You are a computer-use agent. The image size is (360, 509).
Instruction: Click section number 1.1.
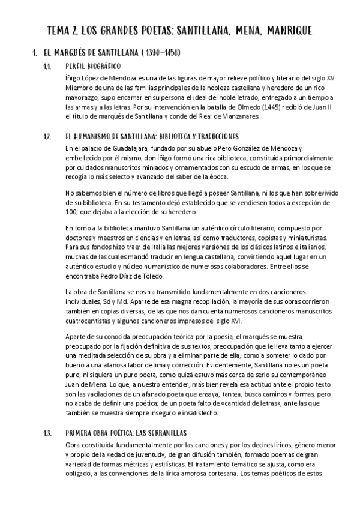point(47,65)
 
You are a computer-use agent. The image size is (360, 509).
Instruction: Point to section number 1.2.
point(48,136)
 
